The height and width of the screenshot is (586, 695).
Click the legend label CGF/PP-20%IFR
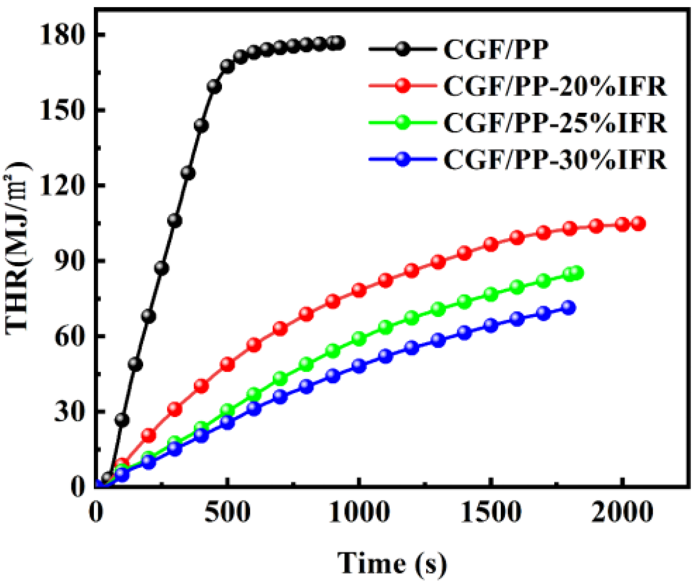(x=555, y=86)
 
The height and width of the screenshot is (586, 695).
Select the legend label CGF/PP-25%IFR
(x=555, y=123)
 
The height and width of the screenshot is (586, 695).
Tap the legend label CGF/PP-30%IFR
(x=555, y=160)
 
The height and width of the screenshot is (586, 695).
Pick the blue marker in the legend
(x=403, y=159)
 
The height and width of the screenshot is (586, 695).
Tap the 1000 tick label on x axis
(x=359, y=512)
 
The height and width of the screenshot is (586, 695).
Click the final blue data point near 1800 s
(x=569, y=308)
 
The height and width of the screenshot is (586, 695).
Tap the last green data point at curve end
(x=577, y=273)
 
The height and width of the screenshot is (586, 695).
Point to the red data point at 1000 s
(x=359, y=290)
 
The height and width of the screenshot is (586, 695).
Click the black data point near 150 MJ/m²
(x=202, y=125)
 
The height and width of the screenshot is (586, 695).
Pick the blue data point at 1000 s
(x=359, y=366)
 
